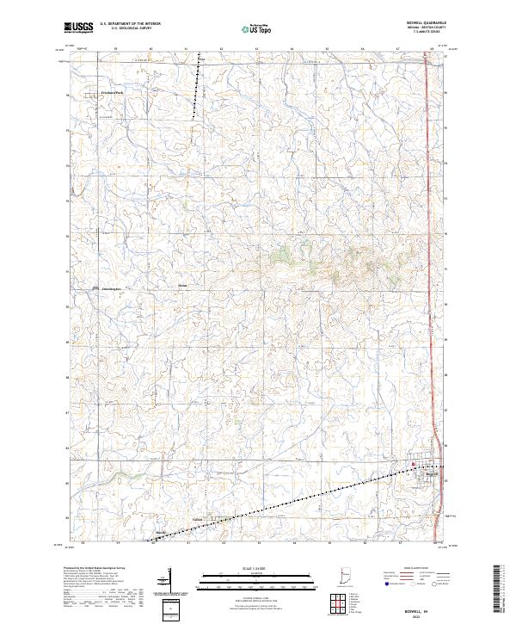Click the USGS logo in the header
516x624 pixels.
click(78, 28)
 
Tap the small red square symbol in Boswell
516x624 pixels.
click(413, 466)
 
